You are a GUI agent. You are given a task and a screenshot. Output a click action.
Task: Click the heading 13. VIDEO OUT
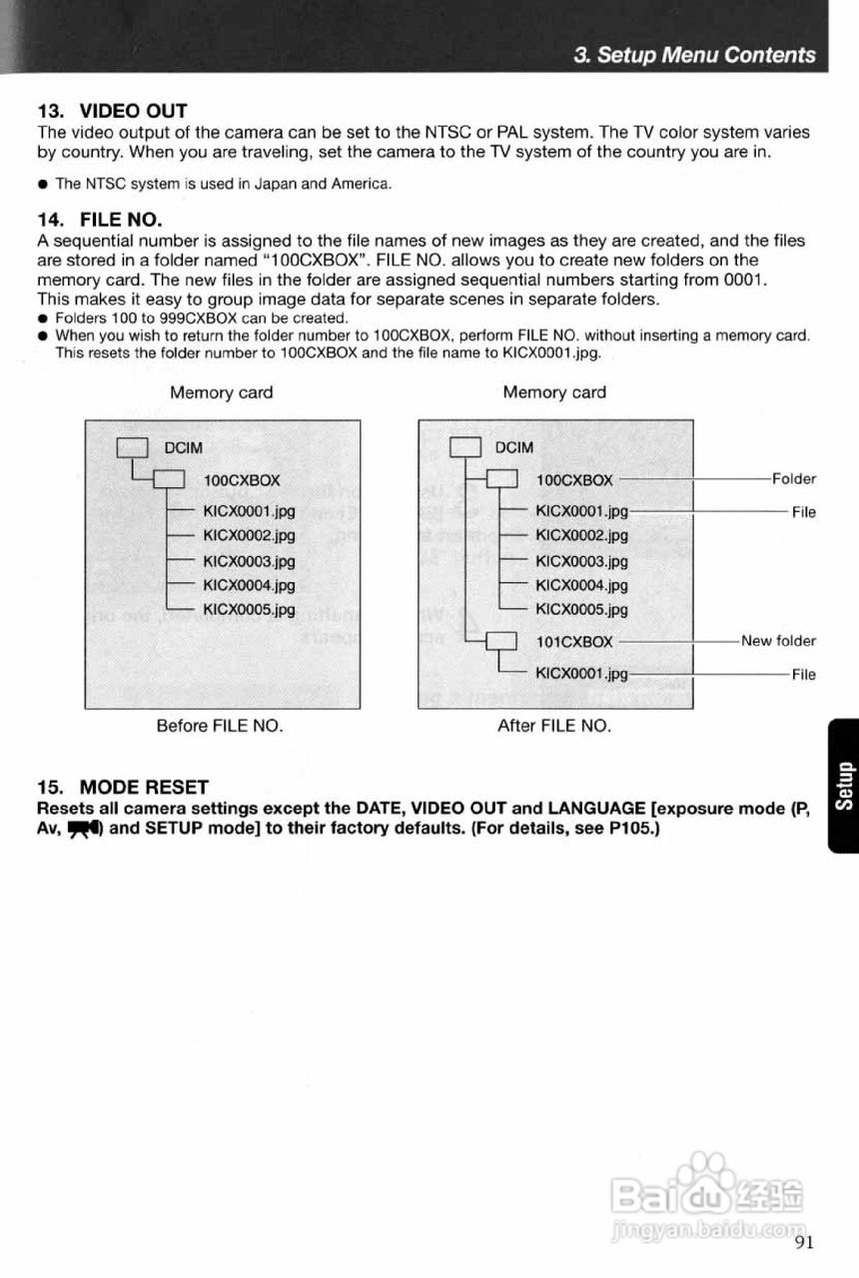tap(112, 110)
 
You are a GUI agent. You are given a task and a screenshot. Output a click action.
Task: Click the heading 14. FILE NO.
tap(99, 219)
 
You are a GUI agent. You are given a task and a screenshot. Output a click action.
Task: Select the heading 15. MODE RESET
tap(122, 787)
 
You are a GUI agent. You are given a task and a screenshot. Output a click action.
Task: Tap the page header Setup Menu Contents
tap(695, 55)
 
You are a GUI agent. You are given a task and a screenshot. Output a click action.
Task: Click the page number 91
tap(806, 1242)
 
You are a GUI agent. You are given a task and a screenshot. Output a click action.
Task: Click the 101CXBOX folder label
tap(574, 641)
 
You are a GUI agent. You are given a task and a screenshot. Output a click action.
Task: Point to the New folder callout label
tap(778, 641)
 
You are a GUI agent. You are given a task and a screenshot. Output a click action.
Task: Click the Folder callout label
tap(793, 479)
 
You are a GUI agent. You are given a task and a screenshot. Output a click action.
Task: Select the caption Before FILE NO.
tap(220, 726)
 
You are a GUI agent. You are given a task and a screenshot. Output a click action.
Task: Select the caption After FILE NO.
tap(553, 726)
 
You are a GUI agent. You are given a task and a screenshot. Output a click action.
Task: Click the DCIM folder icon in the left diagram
tap(133, 447)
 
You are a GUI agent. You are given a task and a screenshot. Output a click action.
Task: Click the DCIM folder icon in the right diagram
tap(466, 446)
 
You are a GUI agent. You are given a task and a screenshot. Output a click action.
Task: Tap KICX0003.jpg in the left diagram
tap(249, 561)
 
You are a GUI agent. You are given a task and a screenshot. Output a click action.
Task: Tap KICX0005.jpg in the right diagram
tap(581, 609)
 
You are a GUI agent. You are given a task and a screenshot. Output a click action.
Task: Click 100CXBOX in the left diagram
tap(242, 480)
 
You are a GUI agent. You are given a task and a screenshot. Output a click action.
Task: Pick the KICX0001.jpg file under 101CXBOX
tap(581, 674)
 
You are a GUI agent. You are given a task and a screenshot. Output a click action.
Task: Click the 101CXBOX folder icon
tap(499, 641)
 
